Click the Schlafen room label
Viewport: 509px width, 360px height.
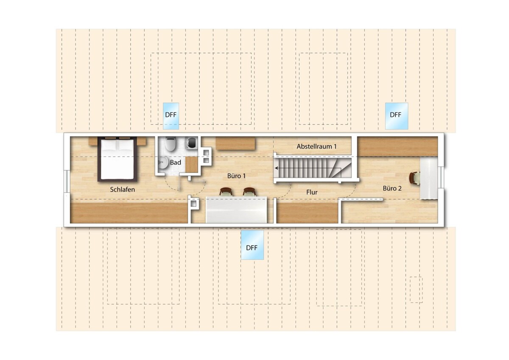[123, 189]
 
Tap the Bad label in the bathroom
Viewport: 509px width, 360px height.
[176, 162]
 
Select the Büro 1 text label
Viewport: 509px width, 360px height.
[236, 176]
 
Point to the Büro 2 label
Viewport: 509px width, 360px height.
[392, 188]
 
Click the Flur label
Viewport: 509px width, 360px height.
[312, 192]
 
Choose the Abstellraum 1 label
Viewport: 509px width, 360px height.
[316, 146]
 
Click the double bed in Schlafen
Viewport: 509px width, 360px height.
[117, 159]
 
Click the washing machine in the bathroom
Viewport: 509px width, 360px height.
[192, 142]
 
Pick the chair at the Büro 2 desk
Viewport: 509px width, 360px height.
[414, 177]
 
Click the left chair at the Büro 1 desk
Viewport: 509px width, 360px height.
[227, 192]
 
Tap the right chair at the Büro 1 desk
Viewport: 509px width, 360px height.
[249, 192]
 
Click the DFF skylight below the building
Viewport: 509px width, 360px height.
[252, 245]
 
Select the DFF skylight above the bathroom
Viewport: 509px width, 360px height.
[171, 116]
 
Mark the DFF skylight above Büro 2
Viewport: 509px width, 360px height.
[397, 116]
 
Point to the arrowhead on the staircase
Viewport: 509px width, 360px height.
[277, 168]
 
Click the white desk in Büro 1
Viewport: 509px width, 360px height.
[236, 210]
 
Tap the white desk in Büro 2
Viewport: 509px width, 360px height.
[429, 179]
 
